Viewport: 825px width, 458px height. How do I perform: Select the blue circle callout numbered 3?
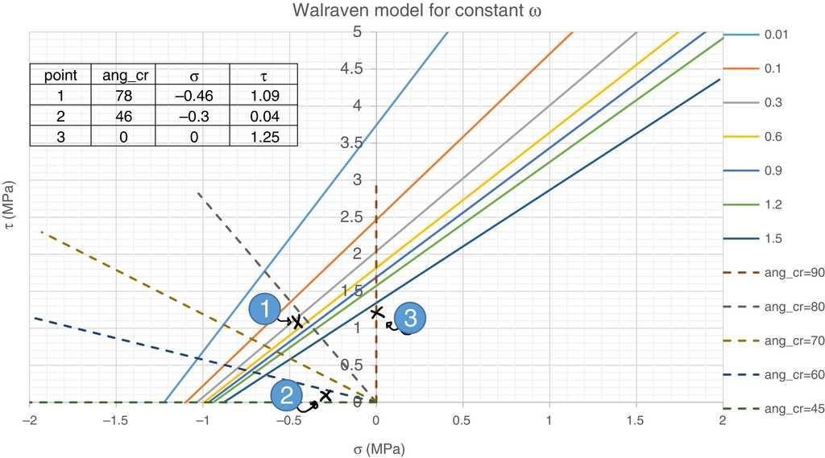pos(408,318)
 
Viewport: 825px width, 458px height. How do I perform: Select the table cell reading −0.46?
pos(193,96)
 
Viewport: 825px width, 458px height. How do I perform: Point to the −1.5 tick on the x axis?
pos(118,421)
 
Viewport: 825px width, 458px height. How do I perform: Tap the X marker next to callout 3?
pos(376,312)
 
